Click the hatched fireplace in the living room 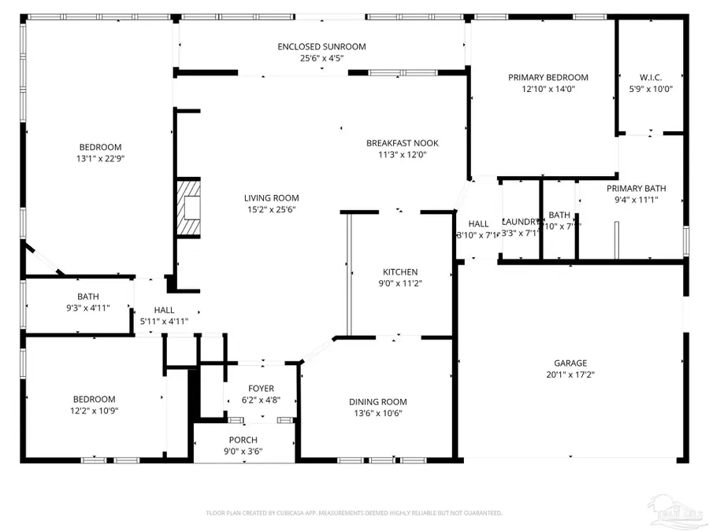pyautogui.click(x=189, y=208)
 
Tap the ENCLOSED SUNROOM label pyautogui.click(x=321, y=46)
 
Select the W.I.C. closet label pyautogui.click(x=651, y=77)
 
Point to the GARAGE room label pyautogui.click(x=570, y=363)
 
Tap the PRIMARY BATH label pyautogui.click(x=636, y=188)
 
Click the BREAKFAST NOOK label pyautogui.click(x=402, y=143)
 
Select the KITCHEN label pyautogui.click(x=400, y=272)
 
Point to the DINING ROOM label pyautogui.click(x=378, y=402)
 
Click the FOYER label pyautogui.click(x=261, y=388)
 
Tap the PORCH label pyautogui.click(x=243, y=440)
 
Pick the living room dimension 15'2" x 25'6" pyautogui.click(x=271, y=209)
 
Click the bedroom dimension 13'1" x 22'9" pyautogui.click(x=100, y=158)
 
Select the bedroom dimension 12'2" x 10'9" pyautogui.click(x=95, y=410)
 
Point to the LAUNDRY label pyautogui.click(x=520, y=223)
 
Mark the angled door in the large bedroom pyautogui.click(x=43, y=259)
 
